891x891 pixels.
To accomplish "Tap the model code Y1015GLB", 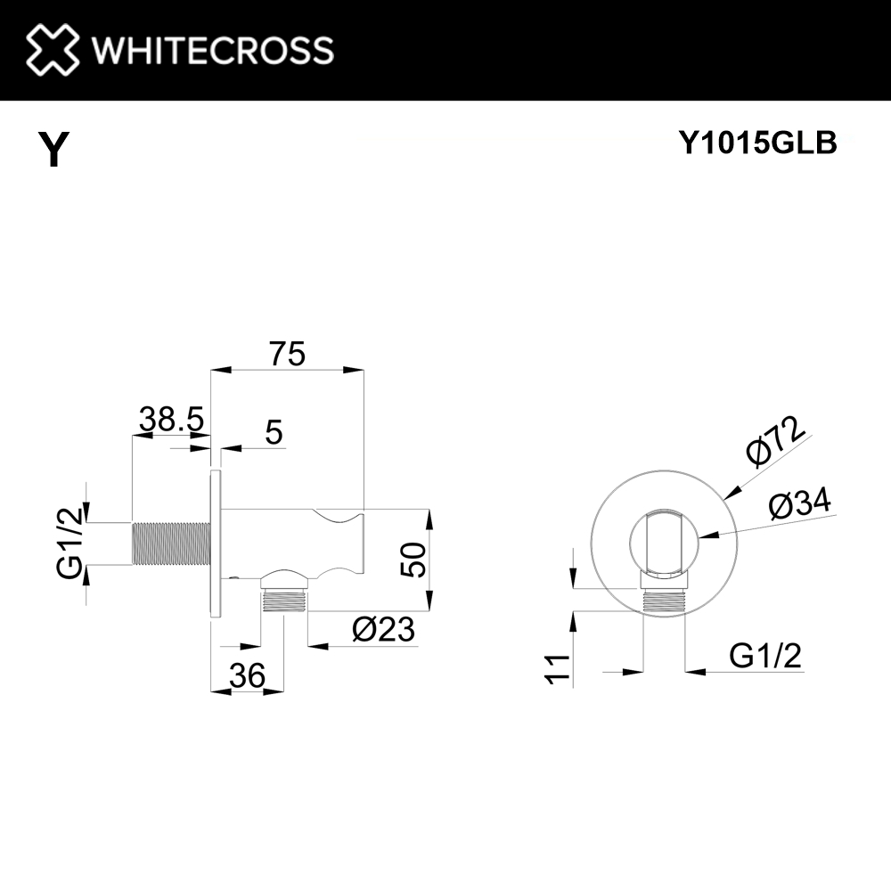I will [757, 143].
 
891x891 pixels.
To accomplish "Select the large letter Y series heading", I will [53, 149].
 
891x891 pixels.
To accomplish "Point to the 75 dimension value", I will [287, 354].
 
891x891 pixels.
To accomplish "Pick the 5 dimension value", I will [274, 433].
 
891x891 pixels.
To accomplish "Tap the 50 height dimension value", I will [413, 560].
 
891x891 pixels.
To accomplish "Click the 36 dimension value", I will [247, 676].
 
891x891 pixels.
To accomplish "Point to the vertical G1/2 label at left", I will [70, 543].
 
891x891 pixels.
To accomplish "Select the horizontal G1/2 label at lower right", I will [765, 657].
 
